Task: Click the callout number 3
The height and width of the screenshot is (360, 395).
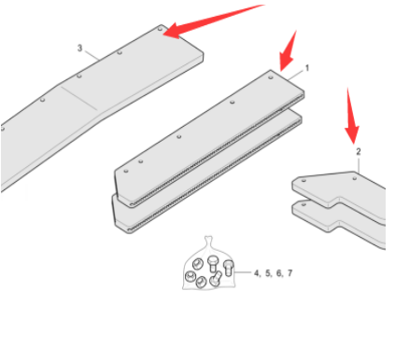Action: pyautogui.click(x=79, y=47)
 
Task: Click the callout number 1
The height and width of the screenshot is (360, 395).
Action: pyautogui.click(x=306, y=68)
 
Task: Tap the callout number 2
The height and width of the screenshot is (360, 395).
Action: pyautogui.click(x=358, y=149)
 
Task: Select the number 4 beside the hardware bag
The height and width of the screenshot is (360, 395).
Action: pyautogui.click(x=256, y=273)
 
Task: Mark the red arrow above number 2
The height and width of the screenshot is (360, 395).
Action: pyautogui.click(x=352, y=112)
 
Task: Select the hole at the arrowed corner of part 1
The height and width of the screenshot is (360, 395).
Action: pyautogui.click(x=272, y=77)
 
